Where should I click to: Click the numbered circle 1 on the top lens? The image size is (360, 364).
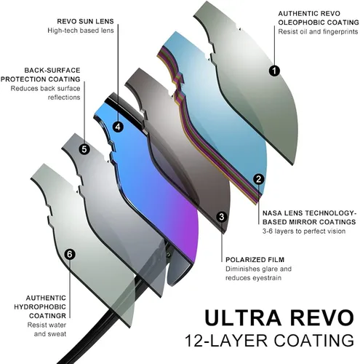(x=274, y=71)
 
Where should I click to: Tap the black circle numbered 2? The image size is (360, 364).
(x=259, y=179)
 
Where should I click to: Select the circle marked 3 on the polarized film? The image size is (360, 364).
(x=221, y=217)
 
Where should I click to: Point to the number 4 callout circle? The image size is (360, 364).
(x=118, y=127)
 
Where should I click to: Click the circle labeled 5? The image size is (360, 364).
(x=84, y=149)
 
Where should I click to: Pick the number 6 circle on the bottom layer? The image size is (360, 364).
(x=70, y=254)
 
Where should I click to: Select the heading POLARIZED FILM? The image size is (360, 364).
(x=255, y=260)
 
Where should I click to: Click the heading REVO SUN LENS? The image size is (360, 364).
(x=85, y=21)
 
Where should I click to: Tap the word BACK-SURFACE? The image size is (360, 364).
(x=52, y=71)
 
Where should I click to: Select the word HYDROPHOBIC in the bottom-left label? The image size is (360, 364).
(x=40, y=307)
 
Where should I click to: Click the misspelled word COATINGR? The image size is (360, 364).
(x=47, y=316)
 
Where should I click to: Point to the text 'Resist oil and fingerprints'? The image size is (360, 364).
(x=318, y=32)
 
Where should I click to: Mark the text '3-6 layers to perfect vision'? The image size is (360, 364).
(x=304, y=232)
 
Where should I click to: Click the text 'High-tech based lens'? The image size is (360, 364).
(x=81, y=31)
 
